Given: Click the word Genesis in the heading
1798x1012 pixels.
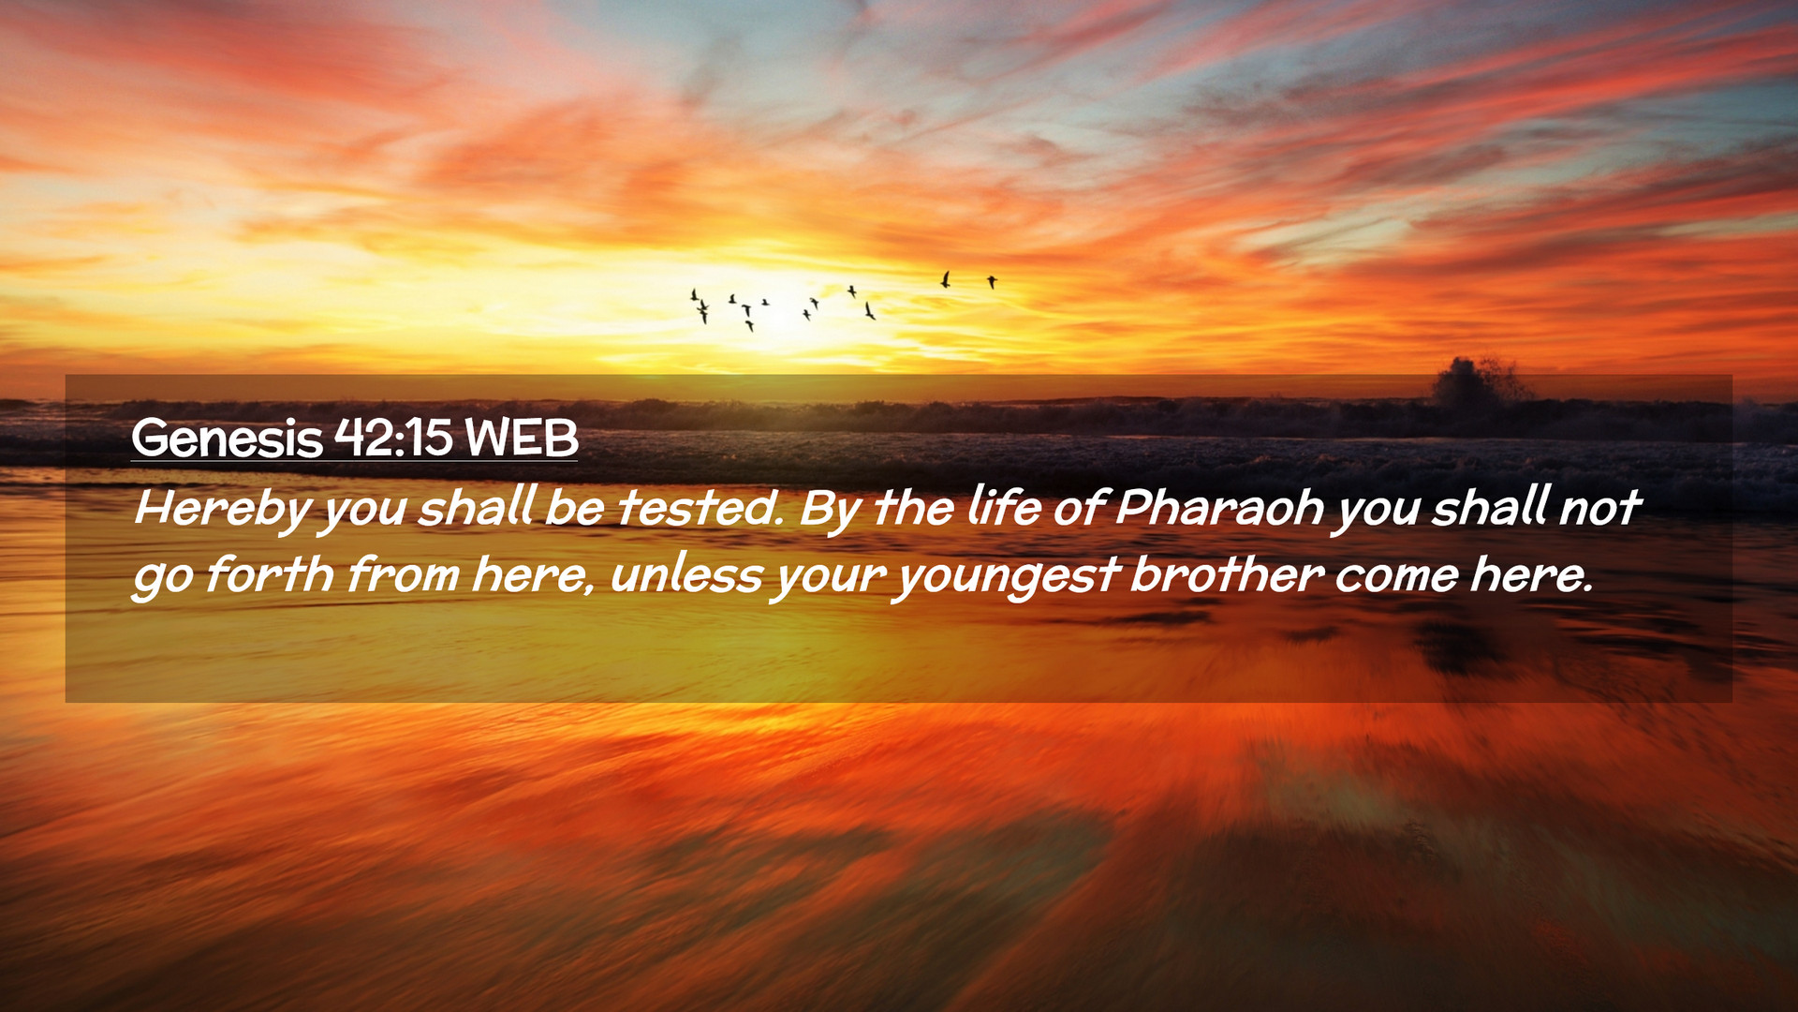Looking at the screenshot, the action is pos(227,438).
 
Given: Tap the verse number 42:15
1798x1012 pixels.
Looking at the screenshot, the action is pos(393,437).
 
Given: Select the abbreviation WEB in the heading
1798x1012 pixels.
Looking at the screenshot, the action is pos(522,438).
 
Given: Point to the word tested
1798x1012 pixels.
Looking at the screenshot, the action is pos(700,507).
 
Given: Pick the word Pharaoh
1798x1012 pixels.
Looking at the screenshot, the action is pos(1219,507).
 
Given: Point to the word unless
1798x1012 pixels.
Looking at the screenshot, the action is pos(686,574).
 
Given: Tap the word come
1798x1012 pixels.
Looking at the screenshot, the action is pos(1396,576).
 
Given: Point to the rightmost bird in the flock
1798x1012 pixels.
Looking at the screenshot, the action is pos(992,281).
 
